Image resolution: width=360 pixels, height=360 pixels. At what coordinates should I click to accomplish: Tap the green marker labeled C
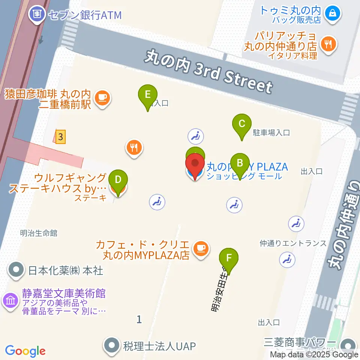point(242,124)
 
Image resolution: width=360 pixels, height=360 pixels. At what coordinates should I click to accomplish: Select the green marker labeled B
point(240,163)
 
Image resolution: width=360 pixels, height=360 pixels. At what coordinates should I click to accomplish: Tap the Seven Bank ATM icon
point(37,15)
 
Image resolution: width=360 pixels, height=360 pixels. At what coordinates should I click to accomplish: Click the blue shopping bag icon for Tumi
point(332,13)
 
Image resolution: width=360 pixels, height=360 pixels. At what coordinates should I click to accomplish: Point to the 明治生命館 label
point(39,233)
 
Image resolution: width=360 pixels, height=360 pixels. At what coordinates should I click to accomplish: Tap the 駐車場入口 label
point(271,132)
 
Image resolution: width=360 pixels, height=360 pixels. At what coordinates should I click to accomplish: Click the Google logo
point(25,351)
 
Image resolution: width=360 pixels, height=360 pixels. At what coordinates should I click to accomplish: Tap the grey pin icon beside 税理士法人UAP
point(112,345)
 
